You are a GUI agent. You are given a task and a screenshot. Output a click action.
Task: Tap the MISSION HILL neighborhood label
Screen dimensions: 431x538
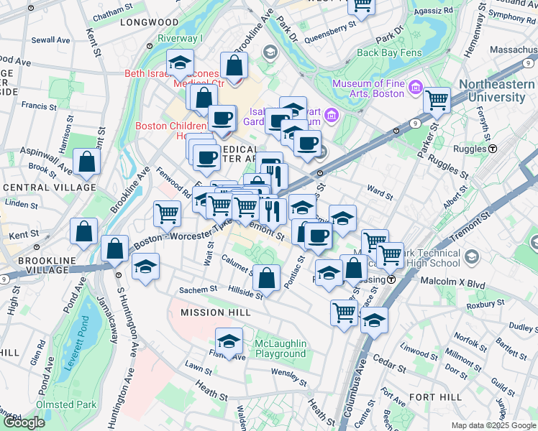click(205, 312)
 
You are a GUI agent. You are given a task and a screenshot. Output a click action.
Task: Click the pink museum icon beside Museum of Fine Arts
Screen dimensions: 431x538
click(414, 88)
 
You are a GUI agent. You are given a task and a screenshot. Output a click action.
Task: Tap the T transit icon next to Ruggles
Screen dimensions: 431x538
click(493, 149)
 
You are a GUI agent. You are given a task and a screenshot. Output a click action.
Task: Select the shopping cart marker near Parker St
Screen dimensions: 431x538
click(437, 101)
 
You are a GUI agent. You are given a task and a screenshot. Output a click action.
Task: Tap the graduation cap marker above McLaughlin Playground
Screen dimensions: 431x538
click(229, 340)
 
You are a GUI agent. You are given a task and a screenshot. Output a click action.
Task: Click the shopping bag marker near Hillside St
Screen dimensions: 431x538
click(266, 278)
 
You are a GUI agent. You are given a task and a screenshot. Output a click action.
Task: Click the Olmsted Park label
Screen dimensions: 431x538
click(66, 404)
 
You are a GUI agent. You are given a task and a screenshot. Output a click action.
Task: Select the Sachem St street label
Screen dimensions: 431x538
click(198, 289)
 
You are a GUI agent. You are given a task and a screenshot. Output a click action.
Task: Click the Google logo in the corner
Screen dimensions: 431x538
click(24, 422)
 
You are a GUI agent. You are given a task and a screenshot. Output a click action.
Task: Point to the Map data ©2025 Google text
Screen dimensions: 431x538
click(493, 425)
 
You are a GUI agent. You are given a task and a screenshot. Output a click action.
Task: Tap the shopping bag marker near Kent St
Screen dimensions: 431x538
click(84, 231)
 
